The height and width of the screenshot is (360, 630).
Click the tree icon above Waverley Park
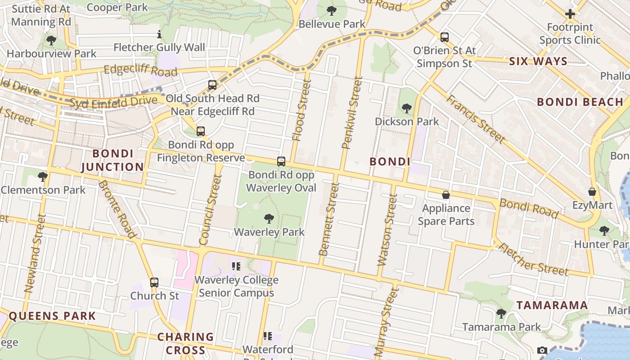(269, 219)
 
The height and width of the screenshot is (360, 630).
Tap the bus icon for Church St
(154, 283)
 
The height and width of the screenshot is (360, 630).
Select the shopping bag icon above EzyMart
(592, 192)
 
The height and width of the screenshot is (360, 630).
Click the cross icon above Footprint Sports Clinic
(570, 14)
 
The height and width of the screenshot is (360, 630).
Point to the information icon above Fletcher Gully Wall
(159, 34)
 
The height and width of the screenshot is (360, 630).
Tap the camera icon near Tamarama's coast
(542, 350)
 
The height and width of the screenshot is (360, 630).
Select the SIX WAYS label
(538, 62)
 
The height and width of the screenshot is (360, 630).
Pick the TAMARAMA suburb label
(552, 305)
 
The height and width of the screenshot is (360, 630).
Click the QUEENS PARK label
(53, 316)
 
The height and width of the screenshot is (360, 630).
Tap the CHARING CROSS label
(185, 343)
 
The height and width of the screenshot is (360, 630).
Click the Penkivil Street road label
(352, 113)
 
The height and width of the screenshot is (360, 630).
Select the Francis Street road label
(475, 119)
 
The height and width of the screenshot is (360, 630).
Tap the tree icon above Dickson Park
(406, 108)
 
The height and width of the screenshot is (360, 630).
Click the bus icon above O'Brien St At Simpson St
(445, 37)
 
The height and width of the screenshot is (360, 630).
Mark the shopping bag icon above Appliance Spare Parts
(446, 195)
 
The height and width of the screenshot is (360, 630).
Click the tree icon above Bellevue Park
(332, 10)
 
